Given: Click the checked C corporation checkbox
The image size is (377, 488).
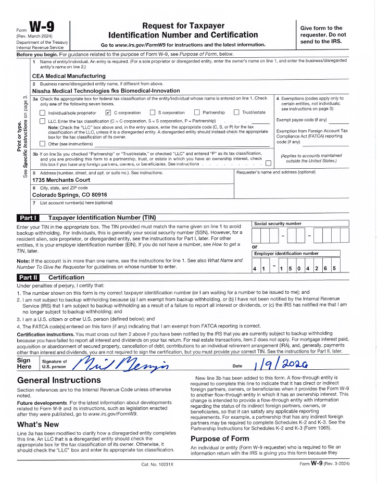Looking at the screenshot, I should tap(108, 112).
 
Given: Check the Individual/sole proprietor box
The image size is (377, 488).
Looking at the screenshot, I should tap(42, 112).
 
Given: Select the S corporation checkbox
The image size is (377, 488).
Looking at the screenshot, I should tap(153, 112).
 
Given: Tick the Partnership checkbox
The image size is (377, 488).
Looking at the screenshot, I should tap(197, 112).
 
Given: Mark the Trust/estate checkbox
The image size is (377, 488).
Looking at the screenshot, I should tap(236, 112).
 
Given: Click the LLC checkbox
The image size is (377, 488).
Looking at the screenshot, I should tap(42, 121).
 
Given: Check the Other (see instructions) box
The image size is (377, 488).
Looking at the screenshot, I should tap(42, 144).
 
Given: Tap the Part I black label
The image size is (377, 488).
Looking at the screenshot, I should tap(28, 218).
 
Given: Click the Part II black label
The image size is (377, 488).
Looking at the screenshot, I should tap(28, 278).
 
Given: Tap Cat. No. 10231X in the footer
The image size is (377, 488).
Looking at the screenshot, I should tap(157, 478).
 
